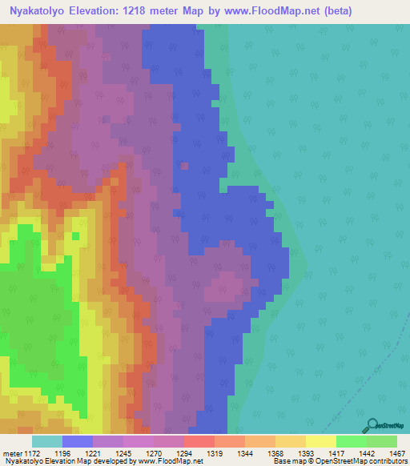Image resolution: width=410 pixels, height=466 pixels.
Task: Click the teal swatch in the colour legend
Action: click(46, 440)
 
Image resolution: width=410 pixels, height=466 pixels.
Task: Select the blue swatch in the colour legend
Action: click(77, 440)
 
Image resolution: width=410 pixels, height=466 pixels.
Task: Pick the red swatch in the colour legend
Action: click(199, 440)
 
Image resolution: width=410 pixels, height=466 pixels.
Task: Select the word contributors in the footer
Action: click(387, 461)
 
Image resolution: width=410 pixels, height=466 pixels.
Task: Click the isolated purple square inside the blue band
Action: click(185, 167)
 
